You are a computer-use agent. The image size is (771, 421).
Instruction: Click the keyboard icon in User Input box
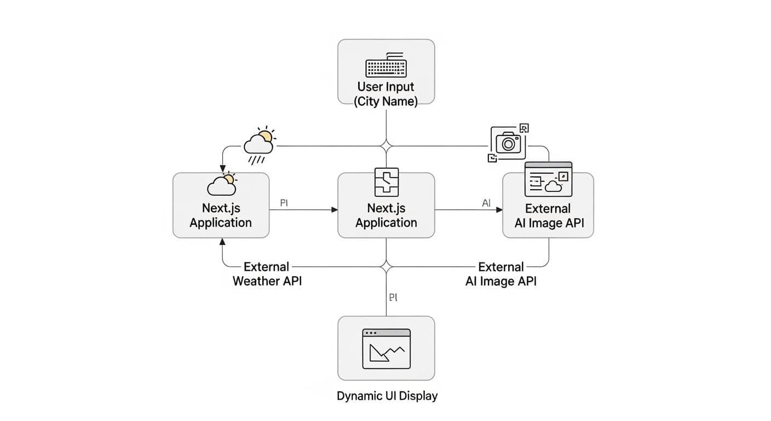386,65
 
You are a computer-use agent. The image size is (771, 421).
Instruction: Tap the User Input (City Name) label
385,94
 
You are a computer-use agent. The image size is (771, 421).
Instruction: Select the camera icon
508,142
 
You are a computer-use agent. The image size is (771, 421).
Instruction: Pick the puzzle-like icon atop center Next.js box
386,182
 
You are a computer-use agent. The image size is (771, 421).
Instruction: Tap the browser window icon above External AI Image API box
548,179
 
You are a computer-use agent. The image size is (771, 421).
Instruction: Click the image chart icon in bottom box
386,349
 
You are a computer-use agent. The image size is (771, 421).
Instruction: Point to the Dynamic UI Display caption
387,396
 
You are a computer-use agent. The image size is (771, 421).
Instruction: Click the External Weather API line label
267,274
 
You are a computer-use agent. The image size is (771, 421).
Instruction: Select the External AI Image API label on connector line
501,274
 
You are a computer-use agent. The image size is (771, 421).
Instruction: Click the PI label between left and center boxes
284,203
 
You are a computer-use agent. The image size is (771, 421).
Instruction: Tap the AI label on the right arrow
486,203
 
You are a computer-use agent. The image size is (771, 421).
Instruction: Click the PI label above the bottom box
393,297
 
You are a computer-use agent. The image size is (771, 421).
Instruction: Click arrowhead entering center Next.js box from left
335,209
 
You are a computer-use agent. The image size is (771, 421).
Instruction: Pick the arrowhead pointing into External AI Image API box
499,209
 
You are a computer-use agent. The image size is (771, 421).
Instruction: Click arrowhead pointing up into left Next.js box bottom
222,242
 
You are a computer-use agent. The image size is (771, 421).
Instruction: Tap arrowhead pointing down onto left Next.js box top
222,169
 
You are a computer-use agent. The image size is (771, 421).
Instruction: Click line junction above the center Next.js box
387,146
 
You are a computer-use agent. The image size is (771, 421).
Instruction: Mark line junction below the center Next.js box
387,267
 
